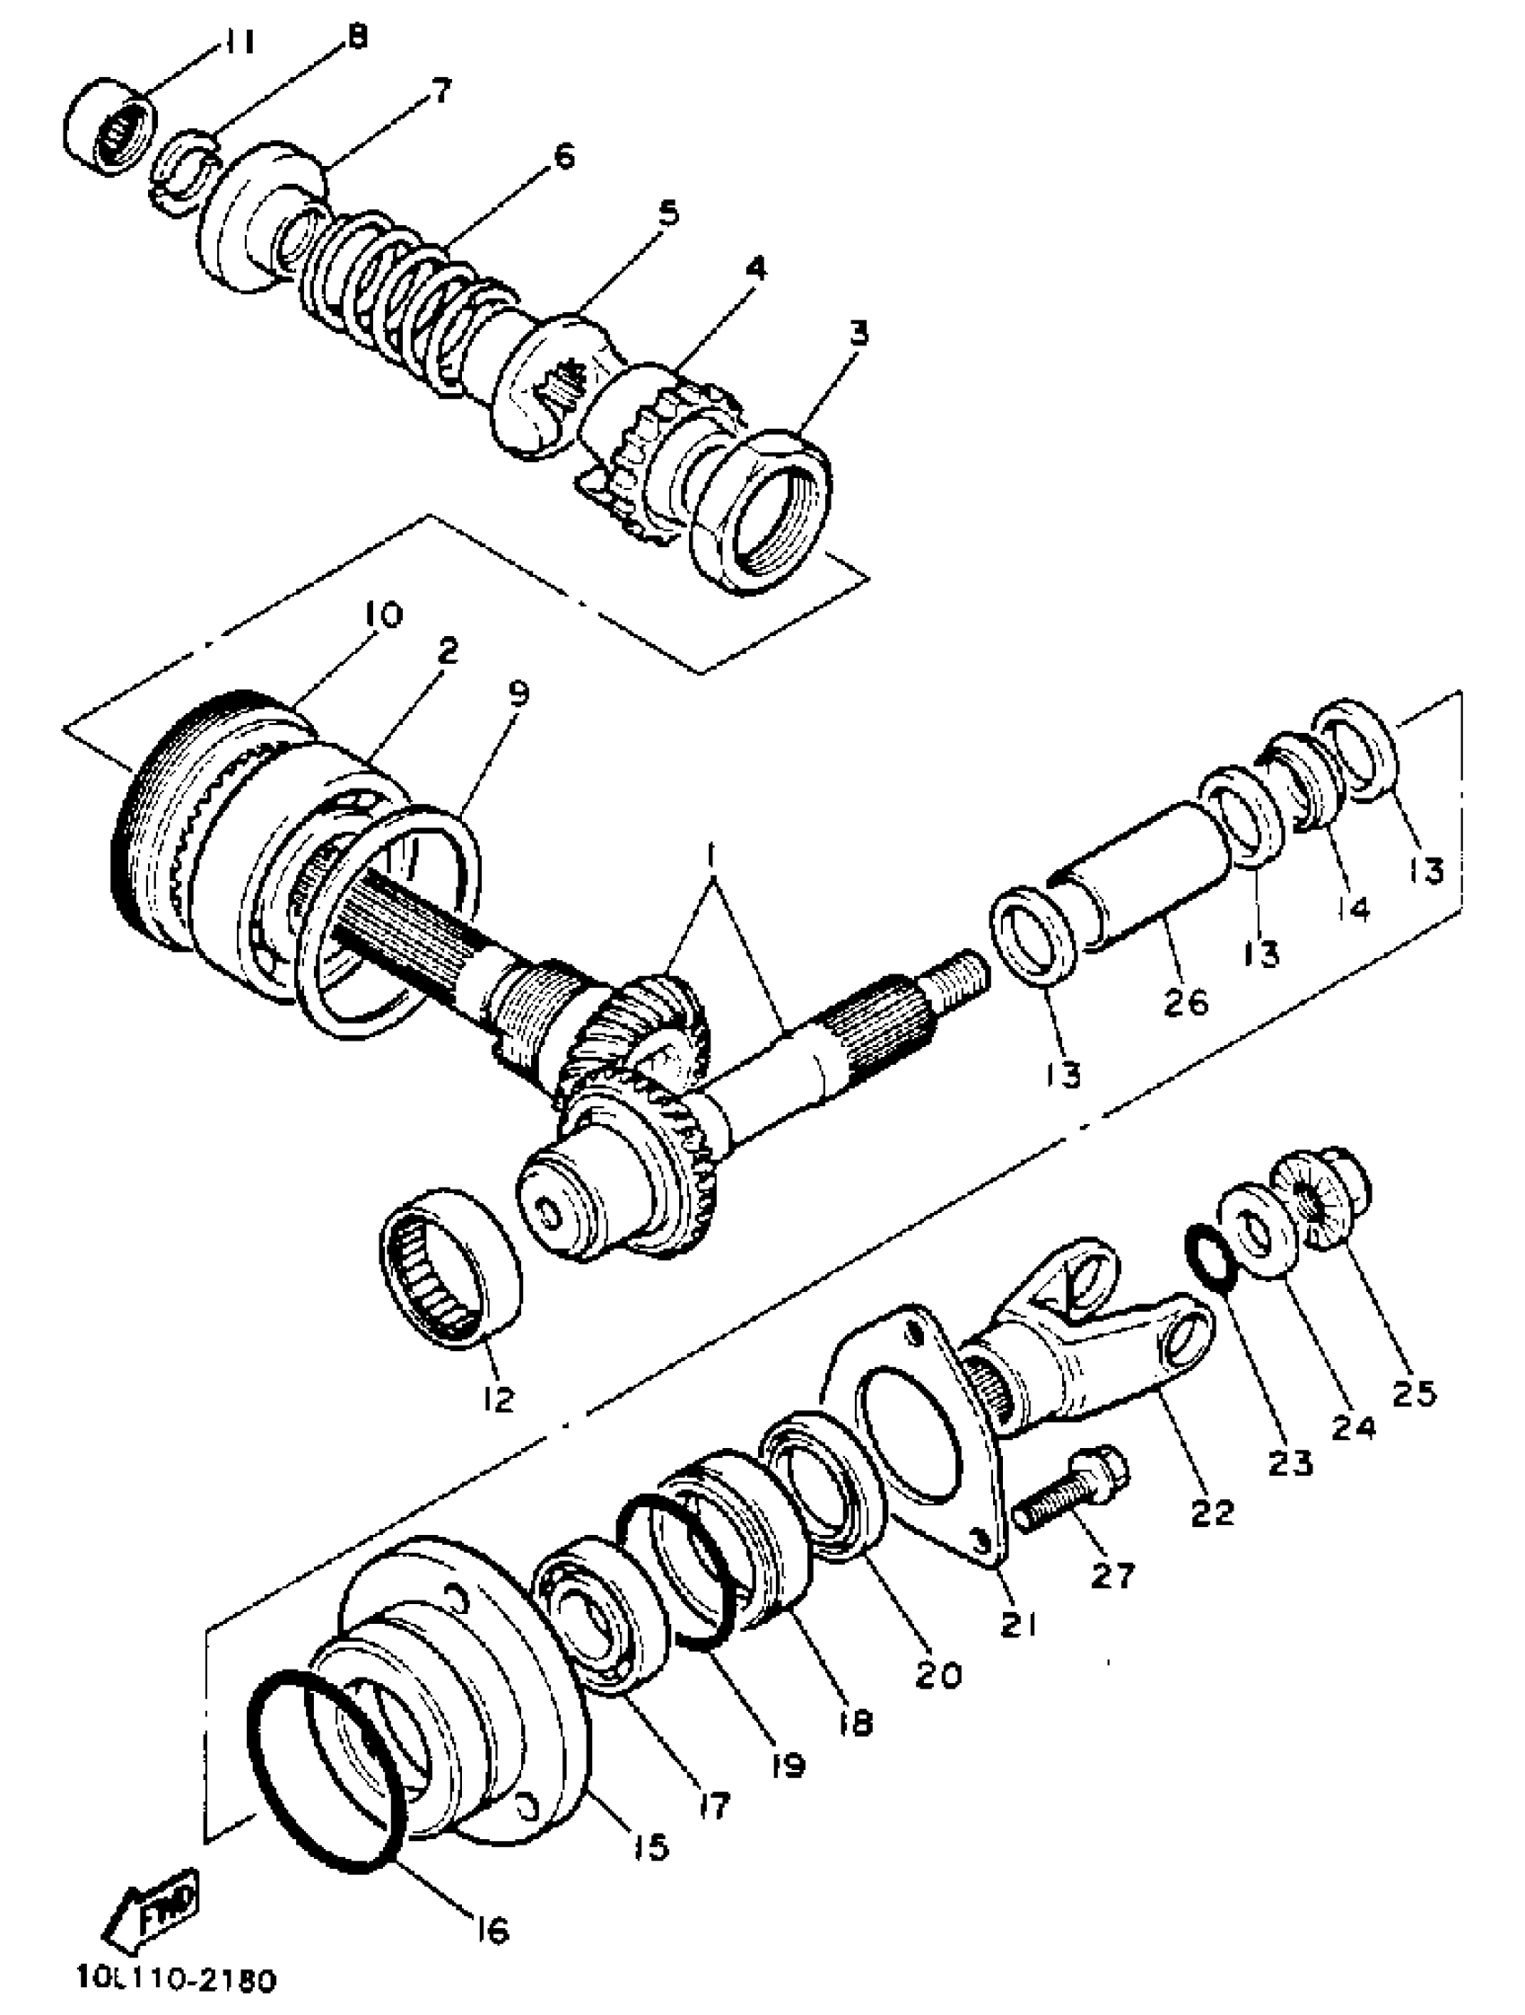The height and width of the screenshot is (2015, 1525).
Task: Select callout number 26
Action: click(x=1185, y=1002)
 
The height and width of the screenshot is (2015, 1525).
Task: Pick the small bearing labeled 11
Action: click(x=109, y=127)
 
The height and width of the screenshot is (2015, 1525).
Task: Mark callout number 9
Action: click(x=518, y=696)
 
